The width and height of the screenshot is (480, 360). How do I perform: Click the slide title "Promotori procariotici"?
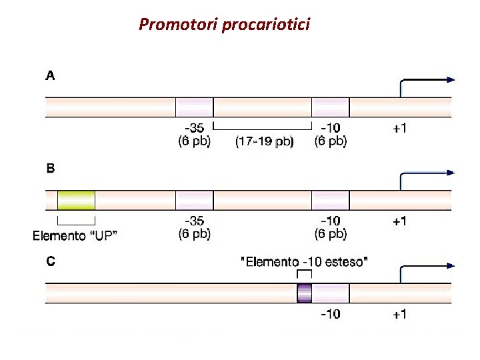(x=224, y=25)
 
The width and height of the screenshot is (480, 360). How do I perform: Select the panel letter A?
(x=51, y=76)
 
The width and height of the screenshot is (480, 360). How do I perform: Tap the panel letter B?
(x=51, y=169)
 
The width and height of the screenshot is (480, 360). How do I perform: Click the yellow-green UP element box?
(x=76, y=200)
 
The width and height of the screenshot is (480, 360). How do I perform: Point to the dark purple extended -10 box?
(x=305, y=293)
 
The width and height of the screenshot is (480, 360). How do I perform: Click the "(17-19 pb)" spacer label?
(x=264, y=141)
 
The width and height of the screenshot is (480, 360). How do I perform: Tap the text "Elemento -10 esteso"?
(x=303, y=262)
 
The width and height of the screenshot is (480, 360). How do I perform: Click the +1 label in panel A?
(x=399, y=129)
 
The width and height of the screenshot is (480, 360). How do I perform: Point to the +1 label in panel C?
(x=399, y=314)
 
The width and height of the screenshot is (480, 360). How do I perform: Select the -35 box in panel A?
(x=194, y=107)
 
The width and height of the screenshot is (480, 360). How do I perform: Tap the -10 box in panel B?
(x=331, y=200)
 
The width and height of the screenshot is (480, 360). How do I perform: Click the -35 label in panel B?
(x=194, y=221)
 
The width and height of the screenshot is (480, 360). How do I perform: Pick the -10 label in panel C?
(x=331, y=314)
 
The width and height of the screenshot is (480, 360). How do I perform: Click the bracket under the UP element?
(x=76, y=220)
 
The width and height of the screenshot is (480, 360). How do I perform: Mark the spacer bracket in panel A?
(x=263, y=127)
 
